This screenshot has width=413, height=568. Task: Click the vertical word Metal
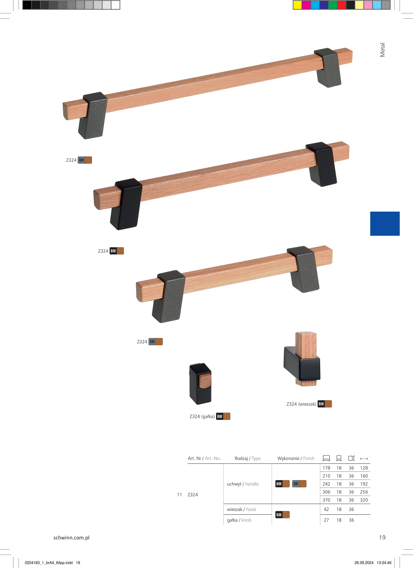tap(382, 50)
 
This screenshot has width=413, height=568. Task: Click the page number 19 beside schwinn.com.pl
tap(382, 537)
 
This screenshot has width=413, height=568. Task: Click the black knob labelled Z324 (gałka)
tap(200, 384)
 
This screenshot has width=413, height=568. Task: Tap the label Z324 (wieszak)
tap(301, 404)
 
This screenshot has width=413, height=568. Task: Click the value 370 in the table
tap(326, 500)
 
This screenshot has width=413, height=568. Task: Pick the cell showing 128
tap(364, 468)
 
